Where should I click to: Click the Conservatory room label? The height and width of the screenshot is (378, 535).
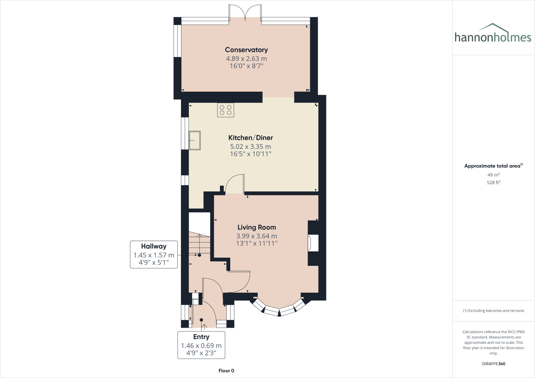pyautogui.click(x=246, y=50)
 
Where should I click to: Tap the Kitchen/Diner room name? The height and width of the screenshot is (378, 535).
pyautogui.click(x=251, y=138)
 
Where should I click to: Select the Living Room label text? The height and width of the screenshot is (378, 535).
pyautogui.click(x=257, y=227)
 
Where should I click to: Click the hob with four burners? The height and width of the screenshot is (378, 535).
pyautogui.click(x=225, y=110)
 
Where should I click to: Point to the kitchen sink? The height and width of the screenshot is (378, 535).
pyautogui.click(x=195, y=140)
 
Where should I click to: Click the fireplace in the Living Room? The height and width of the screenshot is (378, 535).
pyautogui.click(x=313, y=243)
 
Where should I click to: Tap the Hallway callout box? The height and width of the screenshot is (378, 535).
pyautogui.click(x=154, y=255)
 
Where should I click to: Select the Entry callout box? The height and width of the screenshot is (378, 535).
pyautogui.click(x=201, y=345)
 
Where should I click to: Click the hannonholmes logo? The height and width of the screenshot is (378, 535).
pyautogui.click(x=493, y=34)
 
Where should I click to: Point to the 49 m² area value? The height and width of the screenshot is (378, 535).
pyautogui.click(x=493, y=175)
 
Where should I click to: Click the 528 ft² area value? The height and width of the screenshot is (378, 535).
pyautogui.click(x=493, y=182)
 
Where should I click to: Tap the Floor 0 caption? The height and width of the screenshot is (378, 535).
pyautogui.click(x=226, y=371)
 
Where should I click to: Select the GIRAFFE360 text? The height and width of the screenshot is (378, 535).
pyautogui.click(x=493, y=364)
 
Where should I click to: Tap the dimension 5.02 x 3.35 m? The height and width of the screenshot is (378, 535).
pyautogui.click(x=251, y=147)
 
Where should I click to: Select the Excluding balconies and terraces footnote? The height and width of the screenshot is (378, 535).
pyautogui.click(x=493, y=311)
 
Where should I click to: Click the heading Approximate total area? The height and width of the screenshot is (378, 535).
pyautogui.click(x=492, y=166)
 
